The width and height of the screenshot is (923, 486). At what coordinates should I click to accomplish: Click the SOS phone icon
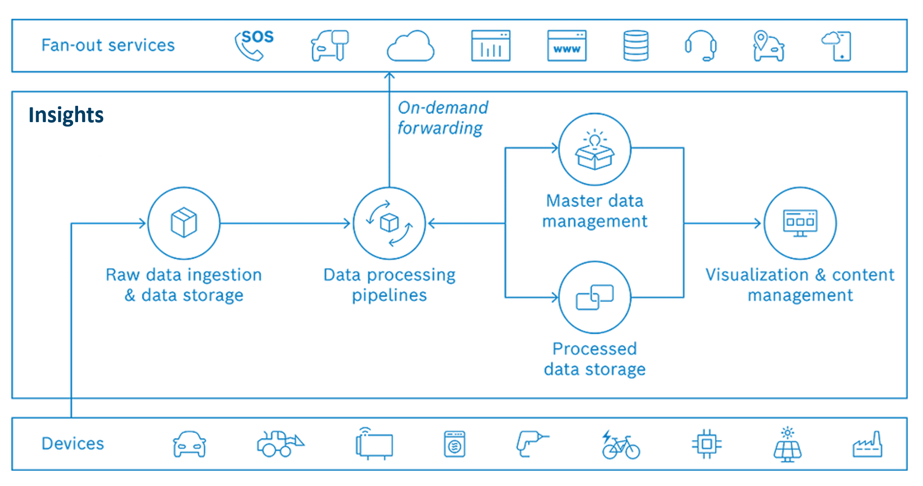coord(254,45)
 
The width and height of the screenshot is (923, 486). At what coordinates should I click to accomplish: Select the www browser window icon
coord(567,45)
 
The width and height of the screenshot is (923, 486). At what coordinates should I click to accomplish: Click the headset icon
coord(701,45)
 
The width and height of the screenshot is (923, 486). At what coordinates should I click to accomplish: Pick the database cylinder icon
coord(636,45)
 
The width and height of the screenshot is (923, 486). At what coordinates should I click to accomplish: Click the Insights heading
coord(66,115)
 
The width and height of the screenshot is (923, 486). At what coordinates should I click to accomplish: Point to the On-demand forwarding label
coord(442,118)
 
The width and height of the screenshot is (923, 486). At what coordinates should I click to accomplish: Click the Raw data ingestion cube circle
coord(184,223)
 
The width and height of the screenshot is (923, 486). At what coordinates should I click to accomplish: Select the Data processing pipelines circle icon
coord(389,223)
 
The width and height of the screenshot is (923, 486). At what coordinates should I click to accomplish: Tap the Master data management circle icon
coord(594,149)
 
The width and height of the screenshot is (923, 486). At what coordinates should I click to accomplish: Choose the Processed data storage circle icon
coord(594,297)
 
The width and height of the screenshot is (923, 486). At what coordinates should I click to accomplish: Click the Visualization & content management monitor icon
coord(800,223)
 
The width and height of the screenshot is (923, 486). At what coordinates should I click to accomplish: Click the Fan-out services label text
coord(108,45)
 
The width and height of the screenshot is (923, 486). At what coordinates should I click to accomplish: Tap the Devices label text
coord(73,443)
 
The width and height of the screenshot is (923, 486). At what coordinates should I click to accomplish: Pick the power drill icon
coord(531,443)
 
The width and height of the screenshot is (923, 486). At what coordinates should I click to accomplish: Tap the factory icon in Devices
coord(867,444)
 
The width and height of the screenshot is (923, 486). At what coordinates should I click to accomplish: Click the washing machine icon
coord(455,444)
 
